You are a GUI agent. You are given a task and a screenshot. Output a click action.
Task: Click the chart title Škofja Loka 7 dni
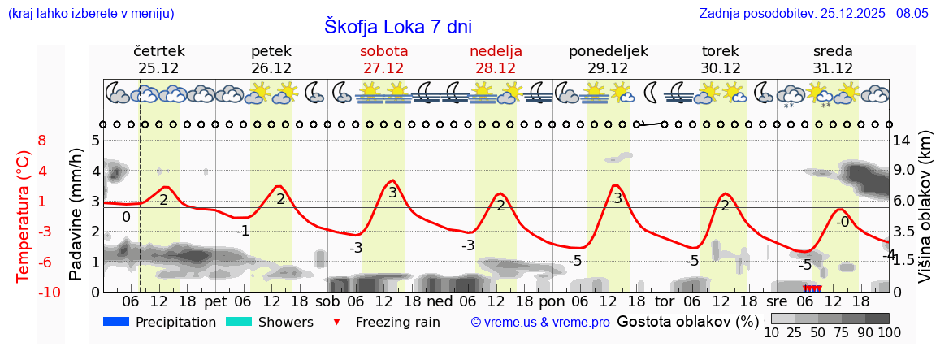point(397,26)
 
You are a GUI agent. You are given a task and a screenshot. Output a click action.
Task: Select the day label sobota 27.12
point(383,59)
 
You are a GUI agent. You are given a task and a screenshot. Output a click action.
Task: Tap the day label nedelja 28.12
point(496,59)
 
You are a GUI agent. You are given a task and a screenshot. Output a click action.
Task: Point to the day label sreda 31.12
point(833,59)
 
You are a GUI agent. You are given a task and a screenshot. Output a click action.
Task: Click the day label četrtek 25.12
point(158,59)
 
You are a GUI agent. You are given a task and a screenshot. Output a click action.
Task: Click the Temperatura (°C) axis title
point(23,215)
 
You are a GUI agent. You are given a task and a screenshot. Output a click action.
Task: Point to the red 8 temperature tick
point(42,141)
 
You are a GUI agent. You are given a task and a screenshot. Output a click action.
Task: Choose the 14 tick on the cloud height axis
point(903,141)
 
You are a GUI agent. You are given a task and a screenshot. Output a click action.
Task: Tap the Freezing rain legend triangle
point(336,323)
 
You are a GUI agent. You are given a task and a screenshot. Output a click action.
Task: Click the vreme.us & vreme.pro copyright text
point(540,322)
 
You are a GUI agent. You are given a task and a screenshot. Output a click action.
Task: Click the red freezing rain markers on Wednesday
point(812,288)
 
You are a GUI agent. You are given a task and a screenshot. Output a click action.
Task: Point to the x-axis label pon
point(551,301)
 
